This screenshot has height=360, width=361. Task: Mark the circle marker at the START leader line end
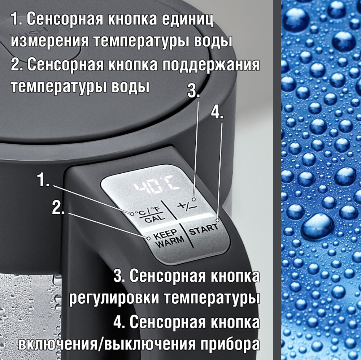(x=217, y=220)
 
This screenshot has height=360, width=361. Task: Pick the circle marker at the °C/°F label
(x=132, y=213)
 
